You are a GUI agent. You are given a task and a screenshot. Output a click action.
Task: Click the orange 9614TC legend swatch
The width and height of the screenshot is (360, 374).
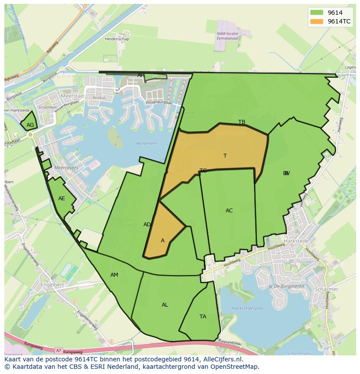point(317,21)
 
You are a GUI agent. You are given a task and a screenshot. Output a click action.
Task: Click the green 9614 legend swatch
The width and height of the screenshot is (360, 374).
point(317,13)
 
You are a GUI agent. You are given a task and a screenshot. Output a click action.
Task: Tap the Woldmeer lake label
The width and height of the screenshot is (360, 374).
point(147,143)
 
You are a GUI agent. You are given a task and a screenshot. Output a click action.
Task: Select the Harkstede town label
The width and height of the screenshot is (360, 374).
point(296,241)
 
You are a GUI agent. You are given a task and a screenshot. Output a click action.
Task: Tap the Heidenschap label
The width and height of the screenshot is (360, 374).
point(116,39)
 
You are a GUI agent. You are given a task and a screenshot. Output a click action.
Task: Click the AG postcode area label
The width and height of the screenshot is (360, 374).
point(30,125)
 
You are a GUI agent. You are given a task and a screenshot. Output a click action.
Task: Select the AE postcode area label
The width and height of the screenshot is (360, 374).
point(61,199)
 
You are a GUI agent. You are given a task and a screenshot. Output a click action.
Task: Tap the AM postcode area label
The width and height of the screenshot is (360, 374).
point(114,275)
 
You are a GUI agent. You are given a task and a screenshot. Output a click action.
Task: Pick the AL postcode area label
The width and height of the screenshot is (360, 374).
point(165,305)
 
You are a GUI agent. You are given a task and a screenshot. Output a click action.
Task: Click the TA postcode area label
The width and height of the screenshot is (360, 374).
point(203,317)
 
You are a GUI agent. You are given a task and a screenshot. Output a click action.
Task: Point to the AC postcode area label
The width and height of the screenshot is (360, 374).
point(229,211)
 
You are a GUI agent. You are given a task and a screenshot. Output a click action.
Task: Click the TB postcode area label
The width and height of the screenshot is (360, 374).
point(242,122)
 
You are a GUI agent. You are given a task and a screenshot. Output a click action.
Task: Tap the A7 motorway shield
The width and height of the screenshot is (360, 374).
point(59,350)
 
